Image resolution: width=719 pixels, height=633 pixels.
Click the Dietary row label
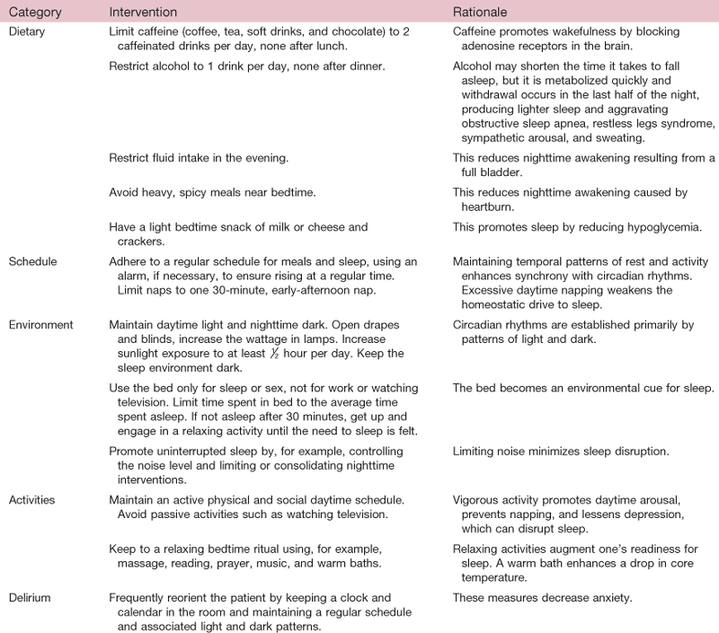tap(26, 31)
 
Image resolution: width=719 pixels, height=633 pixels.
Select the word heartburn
tap(486, 207)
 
